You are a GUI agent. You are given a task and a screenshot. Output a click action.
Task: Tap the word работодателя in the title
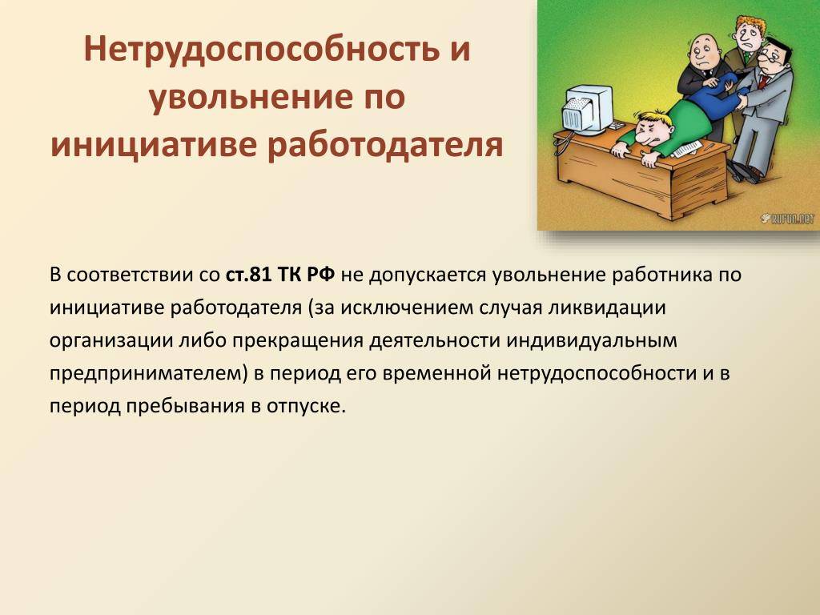click(385, 147)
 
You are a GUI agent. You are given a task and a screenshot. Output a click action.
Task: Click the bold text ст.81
click(248, 275)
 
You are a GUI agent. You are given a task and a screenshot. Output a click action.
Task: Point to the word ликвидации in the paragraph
click(606, 308)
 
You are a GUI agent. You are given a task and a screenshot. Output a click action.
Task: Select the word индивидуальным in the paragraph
click(591, 341)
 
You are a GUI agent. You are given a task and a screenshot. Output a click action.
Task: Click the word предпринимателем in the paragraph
click(148, 374)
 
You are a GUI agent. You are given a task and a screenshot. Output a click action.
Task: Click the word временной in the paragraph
click(437, 374)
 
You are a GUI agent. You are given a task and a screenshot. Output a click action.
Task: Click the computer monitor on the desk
click(588, 109)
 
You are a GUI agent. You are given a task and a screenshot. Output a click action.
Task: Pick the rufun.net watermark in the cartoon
click(787, 219)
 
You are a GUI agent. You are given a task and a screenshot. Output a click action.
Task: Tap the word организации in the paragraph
click(111, 341)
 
